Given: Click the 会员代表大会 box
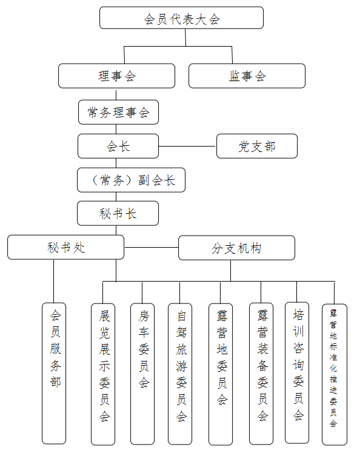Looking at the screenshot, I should [181, 18].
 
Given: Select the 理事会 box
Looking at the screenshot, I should [116, 76].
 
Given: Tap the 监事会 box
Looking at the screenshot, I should [247, 76].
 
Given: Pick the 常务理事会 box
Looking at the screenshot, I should [118, 112].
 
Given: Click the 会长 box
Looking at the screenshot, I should [118, 146].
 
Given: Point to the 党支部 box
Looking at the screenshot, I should [257, 146].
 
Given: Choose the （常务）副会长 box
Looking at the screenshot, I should [131, 180].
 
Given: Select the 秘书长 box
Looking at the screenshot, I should [118, 213].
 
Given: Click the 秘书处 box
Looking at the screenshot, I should [65, 248].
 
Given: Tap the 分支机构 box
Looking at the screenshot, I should [236, 248].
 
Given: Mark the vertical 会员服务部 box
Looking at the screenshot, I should [54, 373].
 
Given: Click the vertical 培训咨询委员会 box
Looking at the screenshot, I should [297, 373].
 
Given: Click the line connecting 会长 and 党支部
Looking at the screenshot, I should [187, 146].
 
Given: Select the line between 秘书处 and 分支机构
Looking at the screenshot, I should [151, 248].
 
